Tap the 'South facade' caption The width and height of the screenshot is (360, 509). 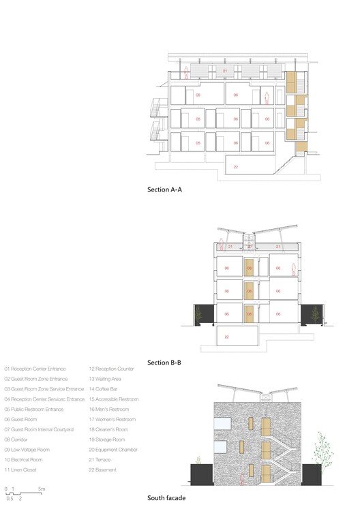(x=166, y=498)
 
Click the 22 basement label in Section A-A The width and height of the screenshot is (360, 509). (x=235, y=167)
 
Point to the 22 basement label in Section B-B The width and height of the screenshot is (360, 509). (x=226, y=337)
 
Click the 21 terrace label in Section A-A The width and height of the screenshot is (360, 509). (x=224, y=71)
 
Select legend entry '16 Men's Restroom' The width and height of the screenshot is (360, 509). (x=109, y=410)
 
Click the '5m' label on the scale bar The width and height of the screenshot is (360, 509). (x=42, y=489)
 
